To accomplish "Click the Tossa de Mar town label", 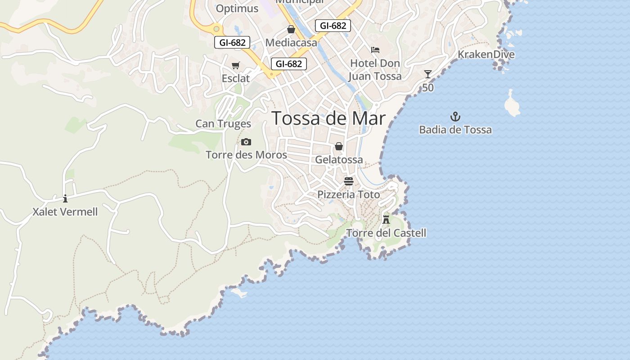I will click(x=329, y=118).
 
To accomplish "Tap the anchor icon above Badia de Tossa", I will click(x=455, y=117).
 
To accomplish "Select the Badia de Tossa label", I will click(x=455, y=130).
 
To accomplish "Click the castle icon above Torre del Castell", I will click(x=386, y=220).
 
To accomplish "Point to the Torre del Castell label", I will click(x=386, y=233).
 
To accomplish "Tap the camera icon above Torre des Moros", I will click(x=246, y=142).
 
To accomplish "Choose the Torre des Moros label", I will click(x=246, y=155).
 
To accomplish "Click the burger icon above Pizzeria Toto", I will click(x=349, y=181).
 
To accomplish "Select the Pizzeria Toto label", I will click(x=349, y=195).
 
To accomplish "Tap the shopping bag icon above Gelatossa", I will click(x=339, y=146).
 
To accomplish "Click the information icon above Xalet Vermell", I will click(x=65, y=198).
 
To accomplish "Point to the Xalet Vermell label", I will click(x=65, y=211).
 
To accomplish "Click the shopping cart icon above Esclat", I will click(x=235, y=66).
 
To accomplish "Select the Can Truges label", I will click(x=223, y=124).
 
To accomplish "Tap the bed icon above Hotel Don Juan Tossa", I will click(x=375, y=50).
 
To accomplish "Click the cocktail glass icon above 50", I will click(x=427, y=74).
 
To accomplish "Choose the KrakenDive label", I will click(x=486, y=54).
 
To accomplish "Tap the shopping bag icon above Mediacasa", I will click(x=291, y=30).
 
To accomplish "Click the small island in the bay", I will click(x=512, y=104).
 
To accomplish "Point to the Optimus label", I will click(x=237, y=9).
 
